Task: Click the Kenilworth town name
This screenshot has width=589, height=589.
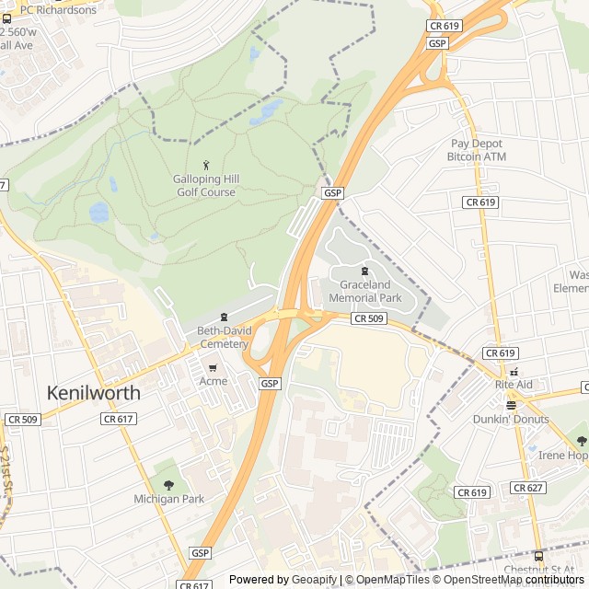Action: click(x=94, y=393)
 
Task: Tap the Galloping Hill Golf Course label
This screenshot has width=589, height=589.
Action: click(x=205, y=185)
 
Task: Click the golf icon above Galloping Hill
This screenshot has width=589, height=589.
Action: click(x=205, y=164)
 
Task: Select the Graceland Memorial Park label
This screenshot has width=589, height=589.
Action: click(x=365, y=292)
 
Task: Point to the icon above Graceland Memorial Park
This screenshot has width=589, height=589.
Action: click(x=365, y=271)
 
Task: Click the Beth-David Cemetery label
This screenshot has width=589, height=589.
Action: click(x=223, y=337)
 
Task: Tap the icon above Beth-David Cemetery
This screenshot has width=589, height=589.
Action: click(x=223, y=318)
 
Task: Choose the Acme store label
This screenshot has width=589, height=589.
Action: click(x=213, y=381)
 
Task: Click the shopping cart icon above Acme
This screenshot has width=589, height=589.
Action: click(x=213, y=366)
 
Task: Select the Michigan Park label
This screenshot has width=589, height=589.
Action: click(x=168, y=499)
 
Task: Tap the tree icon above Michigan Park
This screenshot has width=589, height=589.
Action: click(x=168, y=483)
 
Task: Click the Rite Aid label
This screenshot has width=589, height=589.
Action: click(x=514, y=384)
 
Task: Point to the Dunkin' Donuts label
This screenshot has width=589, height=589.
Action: click(x=511, y=420)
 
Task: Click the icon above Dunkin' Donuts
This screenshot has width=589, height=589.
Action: click(x=511, y=404)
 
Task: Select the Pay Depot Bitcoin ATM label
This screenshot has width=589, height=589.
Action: click(x=477, y=150)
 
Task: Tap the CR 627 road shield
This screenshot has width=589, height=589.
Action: click(x=528, y=488)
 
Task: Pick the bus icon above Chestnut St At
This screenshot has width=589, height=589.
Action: click(x=538, y=555)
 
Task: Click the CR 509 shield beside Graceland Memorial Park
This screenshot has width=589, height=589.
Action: click(x=367, y=318)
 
